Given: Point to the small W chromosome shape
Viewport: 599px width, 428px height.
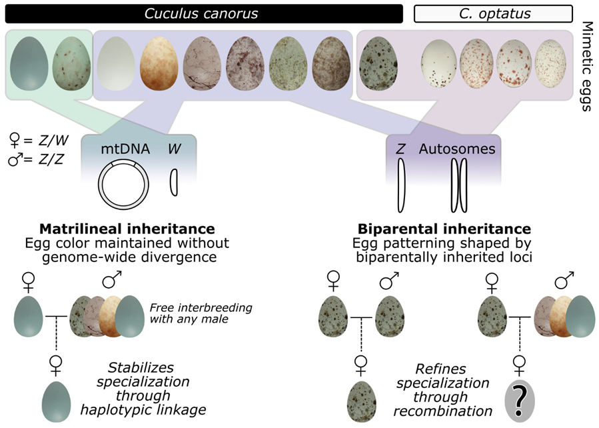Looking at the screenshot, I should (x=174, y=182).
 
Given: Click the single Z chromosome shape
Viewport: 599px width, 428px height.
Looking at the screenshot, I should (x=402, y=184).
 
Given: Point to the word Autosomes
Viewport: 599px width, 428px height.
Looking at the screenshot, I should (x=457, y=149).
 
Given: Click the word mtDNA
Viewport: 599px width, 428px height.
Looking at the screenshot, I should (x=119, y=149).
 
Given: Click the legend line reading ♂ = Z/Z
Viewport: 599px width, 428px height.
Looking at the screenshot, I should (x=39, y=161).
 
